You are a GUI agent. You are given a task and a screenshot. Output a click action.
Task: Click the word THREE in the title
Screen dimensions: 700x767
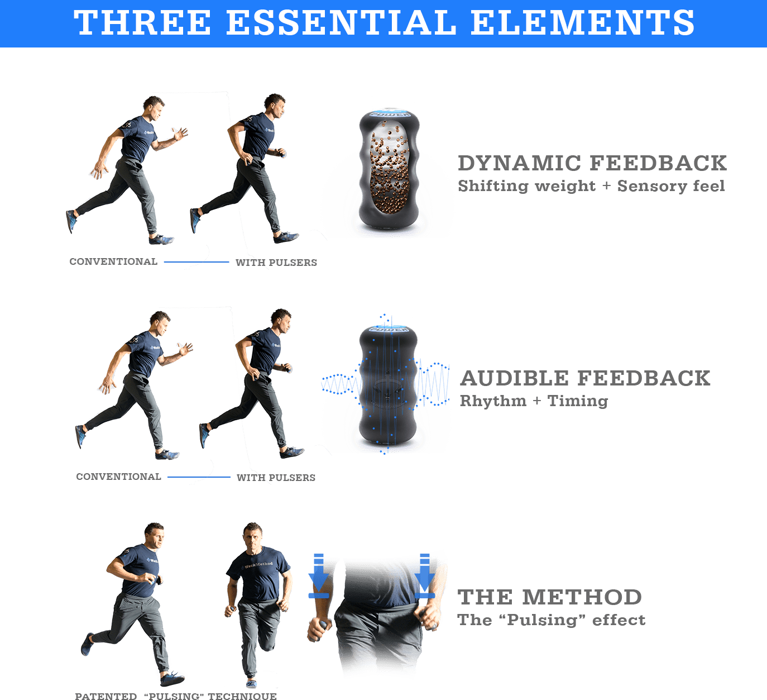[142, 23]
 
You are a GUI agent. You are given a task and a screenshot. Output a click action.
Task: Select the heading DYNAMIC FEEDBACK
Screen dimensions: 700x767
[592, 163]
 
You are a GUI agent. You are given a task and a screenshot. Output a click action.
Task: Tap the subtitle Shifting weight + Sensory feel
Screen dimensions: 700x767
[591, 186]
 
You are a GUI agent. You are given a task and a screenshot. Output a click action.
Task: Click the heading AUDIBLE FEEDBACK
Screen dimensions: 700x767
[585, 378]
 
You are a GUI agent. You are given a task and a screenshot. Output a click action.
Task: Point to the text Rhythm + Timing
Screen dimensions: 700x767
[534, 401]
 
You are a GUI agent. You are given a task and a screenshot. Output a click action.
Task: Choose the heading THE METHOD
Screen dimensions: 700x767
[550, 597]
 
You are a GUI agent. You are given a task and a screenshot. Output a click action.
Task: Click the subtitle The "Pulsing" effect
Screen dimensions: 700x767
[551, 620]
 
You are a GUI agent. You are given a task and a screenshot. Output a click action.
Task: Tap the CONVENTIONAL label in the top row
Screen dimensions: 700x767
[113, 262]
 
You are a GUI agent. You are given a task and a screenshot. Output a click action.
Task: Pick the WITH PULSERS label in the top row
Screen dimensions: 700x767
[276, 263]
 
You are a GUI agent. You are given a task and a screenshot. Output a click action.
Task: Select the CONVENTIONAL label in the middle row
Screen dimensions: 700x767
[119, 477]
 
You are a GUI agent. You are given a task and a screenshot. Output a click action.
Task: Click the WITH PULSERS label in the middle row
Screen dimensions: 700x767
[276, 478]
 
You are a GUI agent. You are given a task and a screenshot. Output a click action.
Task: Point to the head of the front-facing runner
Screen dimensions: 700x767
[253, 535]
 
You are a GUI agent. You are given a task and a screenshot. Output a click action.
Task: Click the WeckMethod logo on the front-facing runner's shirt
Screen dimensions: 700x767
[258, 565]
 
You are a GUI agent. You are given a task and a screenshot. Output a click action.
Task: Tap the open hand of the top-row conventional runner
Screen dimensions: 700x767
[180, 135]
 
